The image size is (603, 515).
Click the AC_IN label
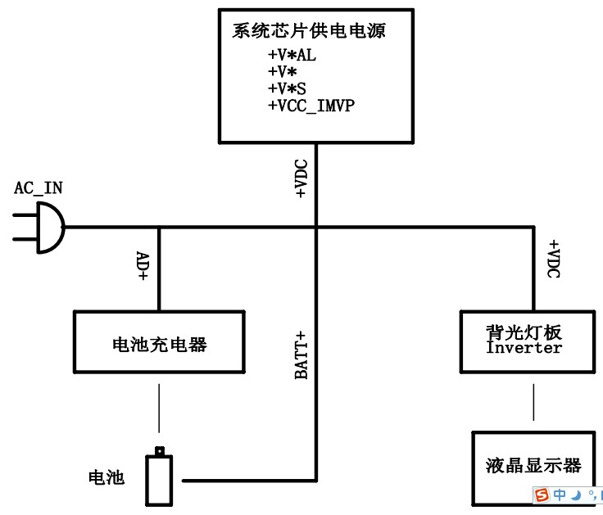(38, 187)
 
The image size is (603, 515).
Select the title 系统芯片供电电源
(309, 32)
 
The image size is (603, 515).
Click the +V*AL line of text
(291, 55)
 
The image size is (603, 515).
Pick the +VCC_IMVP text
(311, 106)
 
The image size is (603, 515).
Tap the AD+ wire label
(142, 266)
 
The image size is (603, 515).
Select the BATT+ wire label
(301, 355)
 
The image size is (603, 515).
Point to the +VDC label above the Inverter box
(553, 259)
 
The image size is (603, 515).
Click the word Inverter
(524, 348)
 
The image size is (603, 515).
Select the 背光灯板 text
(524, 332)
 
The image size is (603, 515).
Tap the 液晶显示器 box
(533, 465)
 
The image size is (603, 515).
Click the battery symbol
(160, 479)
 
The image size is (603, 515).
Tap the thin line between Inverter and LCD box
(534, 401)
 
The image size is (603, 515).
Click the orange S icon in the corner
(542, 495)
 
